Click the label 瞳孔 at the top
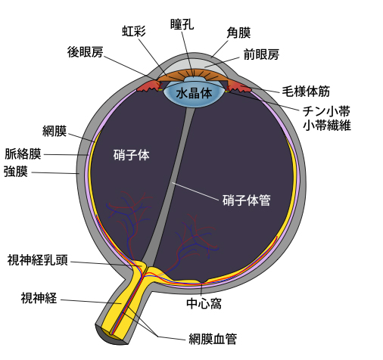click(x=182, y=24)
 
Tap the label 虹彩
click(x=134, y=31)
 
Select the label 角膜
click(x=238, y=33)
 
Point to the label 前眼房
click(x=261, y=54)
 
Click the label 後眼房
click(x=85, y=52)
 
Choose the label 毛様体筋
click(x=306, y=91)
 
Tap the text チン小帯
click(x=326, y=111)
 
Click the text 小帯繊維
click(x=327, y=125)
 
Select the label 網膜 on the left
click(x=54, y=131)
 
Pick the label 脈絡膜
click(x=23, y=154)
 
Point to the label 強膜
click(x=16, y=172)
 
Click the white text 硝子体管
click(x=246, y=200)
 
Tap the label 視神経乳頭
click(x=38, y=260)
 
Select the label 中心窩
click(x=204, y=303)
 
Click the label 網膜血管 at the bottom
click(x=213, y=339)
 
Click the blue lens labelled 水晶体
click(x=194, y=93)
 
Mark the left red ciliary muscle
click(x=148, y=86)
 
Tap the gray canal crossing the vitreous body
click(x=169, y=187)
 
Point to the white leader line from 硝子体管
click(x=195, y=191)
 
